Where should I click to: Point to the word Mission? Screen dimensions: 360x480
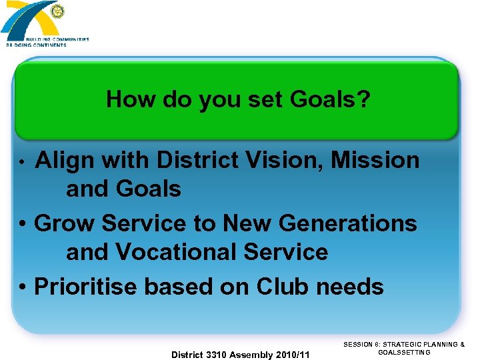pos(375,161)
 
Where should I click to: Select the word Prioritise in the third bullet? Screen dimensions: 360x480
pos(85,287)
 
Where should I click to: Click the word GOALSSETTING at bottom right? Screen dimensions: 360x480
pos(404,352)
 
